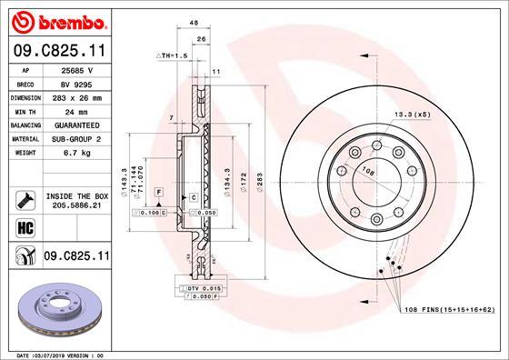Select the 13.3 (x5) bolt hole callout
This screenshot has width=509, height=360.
coord(410,115)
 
